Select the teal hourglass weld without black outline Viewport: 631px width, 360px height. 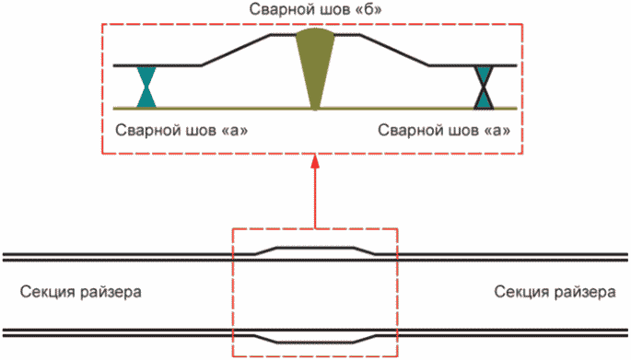(x=146, y=87)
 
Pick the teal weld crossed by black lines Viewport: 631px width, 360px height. (x=484, y=87)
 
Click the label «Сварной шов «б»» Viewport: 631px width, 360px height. (x=315, y=9)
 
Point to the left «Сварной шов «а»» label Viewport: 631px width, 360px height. (x=181, y=131)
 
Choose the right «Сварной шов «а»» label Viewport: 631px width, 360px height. (x=444, y=131)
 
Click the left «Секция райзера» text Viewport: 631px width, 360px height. (x=80, y=292)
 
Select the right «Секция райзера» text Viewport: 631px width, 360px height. (x=555, y=292)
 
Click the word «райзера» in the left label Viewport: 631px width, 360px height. (x=110, y=293)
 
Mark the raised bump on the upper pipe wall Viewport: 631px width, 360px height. (x=315, y=247)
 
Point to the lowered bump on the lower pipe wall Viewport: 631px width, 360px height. (x=315, y=343)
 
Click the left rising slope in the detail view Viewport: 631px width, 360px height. (x=236, y=50)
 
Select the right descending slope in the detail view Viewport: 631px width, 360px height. (x=394, y=50)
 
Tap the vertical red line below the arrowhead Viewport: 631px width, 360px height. (x=315, y=198)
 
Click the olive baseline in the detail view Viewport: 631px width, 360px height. (x=315, y=109)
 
